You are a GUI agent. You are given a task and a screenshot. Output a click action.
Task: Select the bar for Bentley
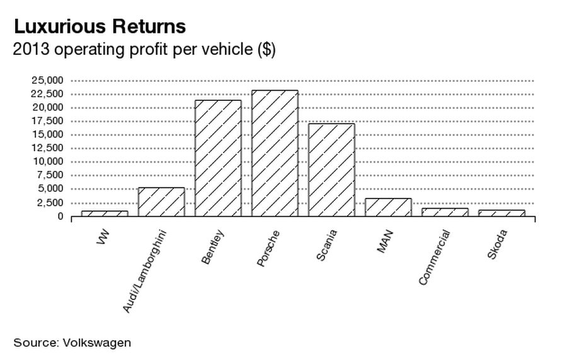(218, 158)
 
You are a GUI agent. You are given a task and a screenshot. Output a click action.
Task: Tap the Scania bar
(331, 170)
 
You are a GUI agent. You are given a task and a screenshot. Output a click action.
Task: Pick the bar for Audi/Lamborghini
(161, 202)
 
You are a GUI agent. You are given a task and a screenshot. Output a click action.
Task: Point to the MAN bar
(388, 207)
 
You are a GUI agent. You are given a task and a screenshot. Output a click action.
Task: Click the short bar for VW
(105, 214)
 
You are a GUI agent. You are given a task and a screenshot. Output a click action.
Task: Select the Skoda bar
(501, 213)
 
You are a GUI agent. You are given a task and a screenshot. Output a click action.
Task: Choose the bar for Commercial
(445, 212)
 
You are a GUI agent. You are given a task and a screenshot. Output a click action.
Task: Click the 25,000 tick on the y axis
(47, 80)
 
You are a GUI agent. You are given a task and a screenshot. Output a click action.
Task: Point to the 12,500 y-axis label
(47, 148)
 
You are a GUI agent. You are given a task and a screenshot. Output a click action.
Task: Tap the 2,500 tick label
(49, 202)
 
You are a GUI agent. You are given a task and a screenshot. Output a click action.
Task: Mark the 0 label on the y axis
(60, 216)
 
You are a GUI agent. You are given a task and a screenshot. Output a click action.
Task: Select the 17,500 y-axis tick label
(47, 120)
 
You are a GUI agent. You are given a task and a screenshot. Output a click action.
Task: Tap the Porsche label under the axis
(268, 248)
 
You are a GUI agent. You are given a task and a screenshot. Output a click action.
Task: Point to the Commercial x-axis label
(435, 257)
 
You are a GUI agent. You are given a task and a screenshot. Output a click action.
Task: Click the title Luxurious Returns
(100, 27)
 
